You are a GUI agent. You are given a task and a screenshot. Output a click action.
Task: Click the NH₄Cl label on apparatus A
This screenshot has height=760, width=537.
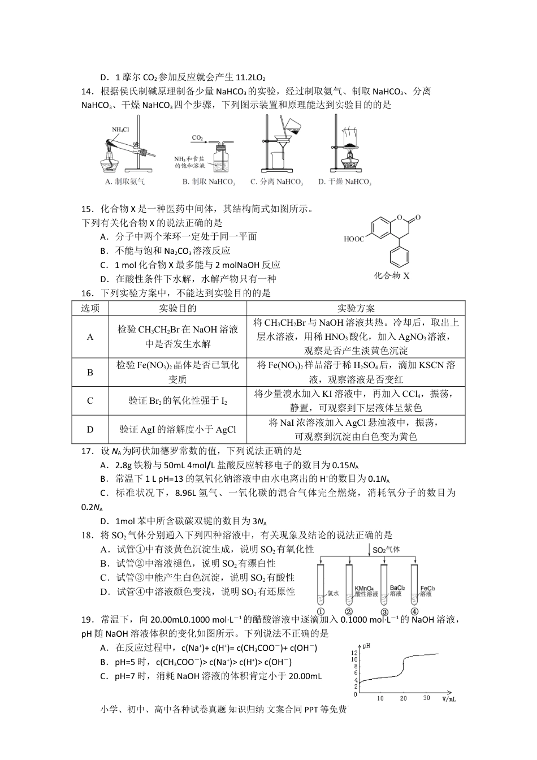coord(120,129)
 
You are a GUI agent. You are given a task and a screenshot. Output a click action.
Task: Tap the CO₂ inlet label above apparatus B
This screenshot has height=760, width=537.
coord(197,137)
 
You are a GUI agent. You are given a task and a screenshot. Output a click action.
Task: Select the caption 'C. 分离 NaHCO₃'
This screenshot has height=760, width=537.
coord(276,182)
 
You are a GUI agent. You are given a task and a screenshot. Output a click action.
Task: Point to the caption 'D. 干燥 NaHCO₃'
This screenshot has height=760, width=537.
coord(344,182)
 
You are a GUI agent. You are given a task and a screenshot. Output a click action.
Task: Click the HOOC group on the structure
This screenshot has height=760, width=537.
coord(354,239)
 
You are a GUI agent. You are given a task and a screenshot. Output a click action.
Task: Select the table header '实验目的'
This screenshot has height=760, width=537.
coord(177,308)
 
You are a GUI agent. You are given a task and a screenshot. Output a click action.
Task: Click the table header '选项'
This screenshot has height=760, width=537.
coord(90,308)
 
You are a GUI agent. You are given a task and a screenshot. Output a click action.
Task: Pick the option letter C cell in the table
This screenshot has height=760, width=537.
coord(90,401)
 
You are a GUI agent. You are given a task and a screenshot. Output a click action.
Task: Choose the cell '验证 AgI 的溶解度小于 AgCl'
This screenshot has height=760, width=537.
coord(177,430)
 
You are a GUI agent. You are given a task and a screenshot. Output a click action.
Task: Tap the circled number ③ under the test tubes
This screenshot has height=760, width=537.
coord(384,612)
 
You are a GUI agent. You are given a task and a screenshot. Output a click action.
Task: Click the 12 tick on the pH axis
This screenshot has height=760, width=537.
coord(355,652)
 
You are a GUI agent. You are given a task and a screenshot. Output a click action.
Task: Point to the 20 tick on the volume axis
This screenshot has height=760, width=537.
coord(403,698)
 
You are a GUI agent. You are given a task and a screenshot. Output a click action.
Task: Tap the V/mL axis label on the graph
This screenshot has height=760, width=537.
coord(449,699)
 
